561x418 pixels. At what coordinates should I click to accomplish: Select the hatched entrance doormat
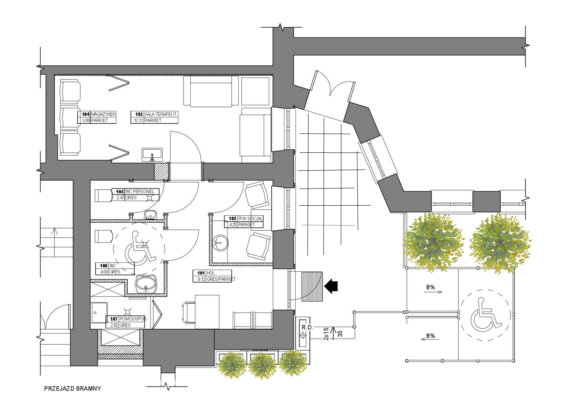click(312, 286)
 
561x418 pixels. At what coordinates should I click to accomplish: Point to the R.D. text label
click(307, 327)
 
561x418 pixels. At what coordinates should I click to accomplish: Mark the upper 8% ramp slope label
click(430, 287)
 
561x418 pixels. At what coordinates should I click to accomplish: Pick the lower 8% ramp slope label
click(430, 336)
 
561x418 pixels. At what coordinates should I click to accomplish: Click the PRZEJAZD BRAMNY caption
click(72, 388)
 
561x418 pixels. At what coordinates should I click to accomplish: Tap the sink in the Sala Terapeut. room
click(152, 154)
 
